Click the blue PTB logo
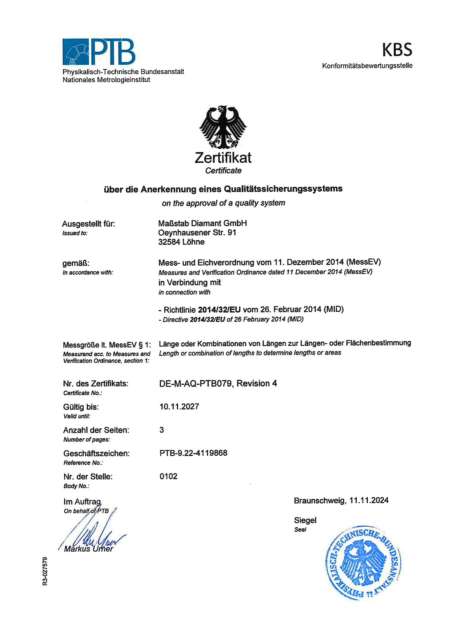point(99,52)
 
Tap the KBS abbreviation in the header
point(397,50)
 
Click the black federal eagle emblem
point(223,127)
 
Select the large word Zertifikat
point(223,158)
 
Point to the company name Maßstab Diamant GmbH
point(202,223)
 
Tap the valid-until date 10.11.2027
point(179,407)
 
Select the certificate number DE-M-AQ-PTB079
point(195,384)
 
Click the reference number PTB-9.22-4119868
point(193,453)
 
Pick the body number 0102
point(168,476)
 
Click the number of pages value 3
point(162,430)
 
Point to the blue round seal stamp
point(363,563)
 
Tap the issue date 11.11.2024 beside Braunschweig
point(369,500)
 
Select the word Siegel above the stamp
point(305,520)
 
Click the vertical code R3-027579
point(45,571)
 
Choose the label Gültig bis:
point(81,407)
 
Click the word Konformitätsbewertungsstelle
point(367,66)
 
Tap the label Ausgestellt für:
point(89,224)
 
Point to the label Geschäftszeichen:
point(96,453)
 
